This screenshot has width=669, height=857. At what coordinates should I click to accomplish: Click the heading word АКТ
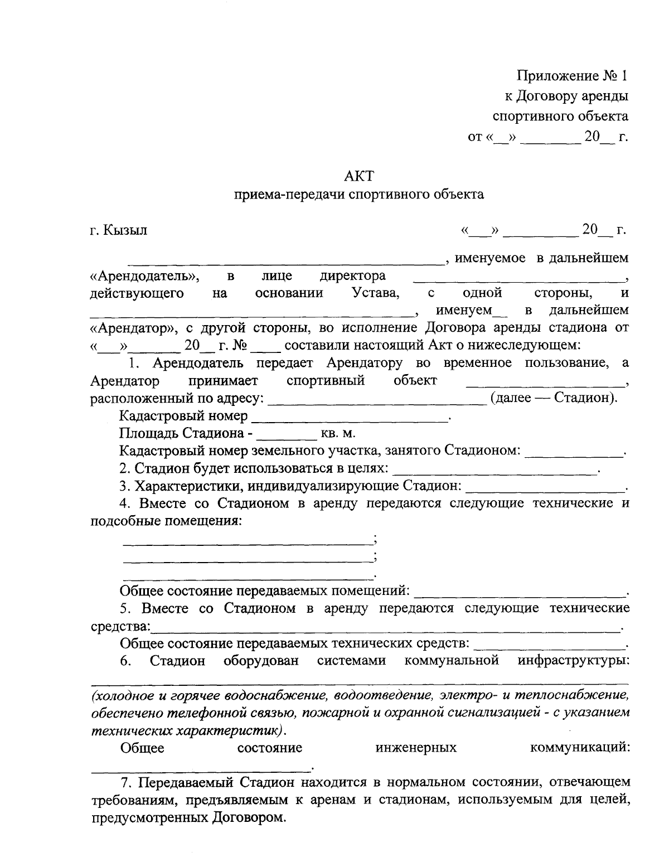click(358, 176)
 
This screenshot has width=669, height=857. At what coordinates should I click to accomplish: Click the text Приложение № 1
click(572, 76)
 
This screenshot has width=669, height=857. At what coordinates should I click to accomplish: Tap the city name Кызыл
click(125, 230)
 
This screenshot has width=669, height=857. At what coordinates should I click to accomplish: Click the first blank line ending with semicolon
click(247, 542)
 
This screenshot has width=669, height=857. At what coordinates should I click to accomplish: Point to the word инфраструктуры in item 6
click(573, 661)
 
